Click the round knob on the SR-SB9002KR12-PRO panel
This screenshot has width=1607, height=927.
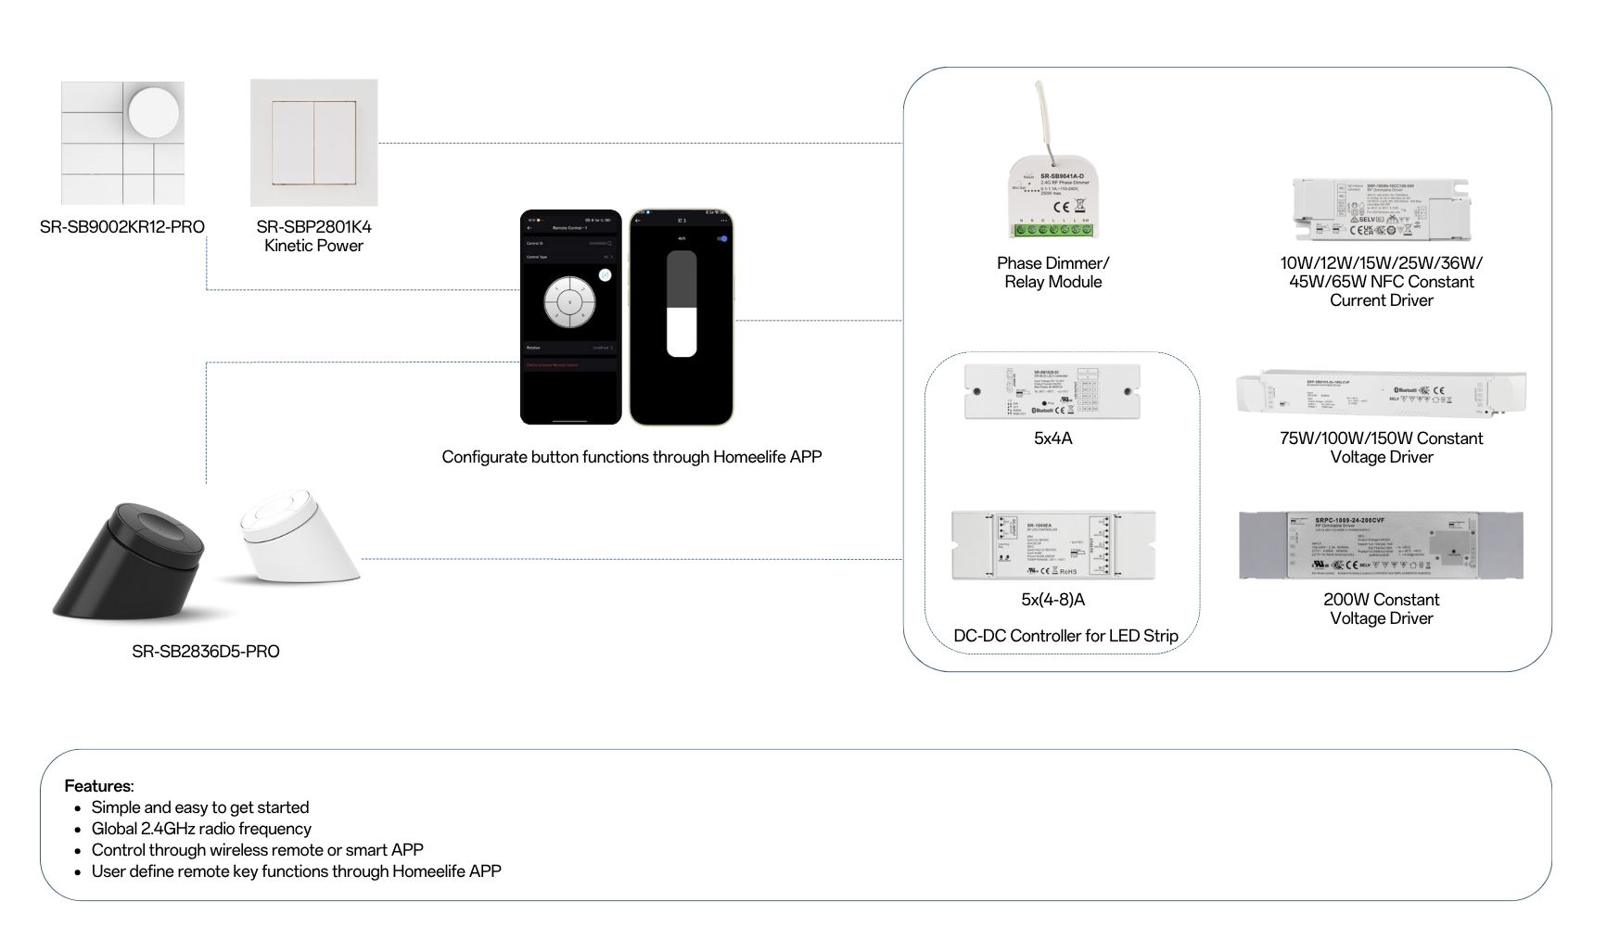click(x=153, y=113)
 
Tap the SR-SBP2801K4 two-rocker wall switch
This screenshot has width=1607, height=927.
click(x=313, y=143)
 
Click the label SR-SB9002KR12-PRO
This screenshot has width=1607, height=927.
click(x=122, y=227)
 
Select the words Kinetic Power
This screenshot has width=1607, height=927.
click(x=313, y=247)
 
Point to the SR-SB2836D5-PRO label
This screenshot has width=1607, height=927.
click(x=205, y=652)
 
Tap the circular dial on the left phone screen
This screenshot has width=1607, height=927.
click(x=569, y=301)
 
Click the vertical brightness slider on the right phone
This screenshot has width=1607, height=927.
click(x=682, y=304)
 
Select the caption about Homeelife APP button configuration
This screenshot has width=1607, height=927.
click(x=631, y=457)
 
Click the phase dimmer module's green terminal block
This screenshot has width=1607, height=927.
click(x=1052, y=229)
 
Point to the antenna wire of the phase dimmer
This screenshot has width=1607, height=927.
click(x=1044, y=117)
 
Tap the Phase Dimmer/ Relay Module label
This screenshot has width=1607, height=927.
click(x=1052, y=273)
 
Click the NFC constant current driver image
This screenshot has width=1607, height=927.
click(x=1382, y=209)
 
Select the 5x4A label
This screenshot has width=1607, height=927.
click(x=1052, y=438)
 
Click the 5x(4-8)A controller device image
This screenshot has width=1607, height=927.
click(x=1053, y=545)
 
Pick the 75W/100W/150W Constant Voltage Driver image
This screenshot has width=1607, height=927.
click(x=1381, y=393)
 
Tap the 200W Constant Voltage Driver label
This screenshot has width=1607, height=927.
click(x=1381, y=609)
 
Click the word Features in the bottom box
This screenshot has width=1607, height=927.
click(x=98, y=786)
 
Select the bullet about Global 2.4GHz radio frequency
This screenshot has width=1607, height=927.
click(x=201, y=829)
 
